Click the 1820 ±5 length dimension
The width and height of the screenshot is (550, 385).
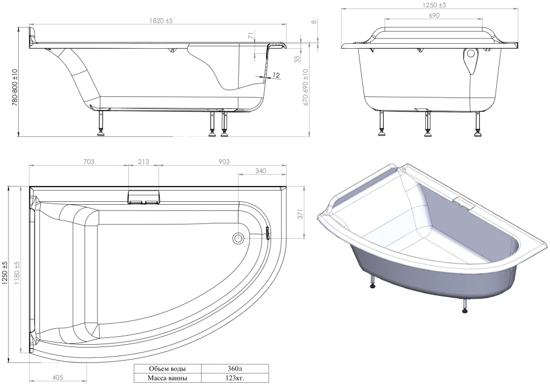pyautogui.click(x=161, y=20)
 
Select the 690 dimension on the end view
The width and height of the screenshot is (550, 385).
pyautogui.click(x=434, y=15)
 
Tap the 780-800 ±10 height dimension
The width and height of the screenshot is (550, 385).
pyautogui.click(x=14, y=88)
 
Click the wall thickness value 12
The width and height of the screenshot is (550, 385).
pyautogui.click(x=276, y=75)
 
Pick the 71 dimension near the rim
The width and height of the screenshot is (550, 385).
pyautogui.click(x=251, y=35)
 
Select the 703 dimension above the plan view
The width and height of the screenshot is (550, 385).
pyautogui.click(x=89, y=162)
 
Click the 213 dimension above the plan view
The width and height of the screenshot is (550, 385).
pyautogui.click(x=143, y=162)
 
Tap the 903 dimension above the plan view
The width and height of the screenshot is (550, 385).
pyautogui.click(x=224, y=162)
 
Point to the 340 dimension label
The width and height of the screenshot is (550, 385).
pyautogui.click(x=260, y=171)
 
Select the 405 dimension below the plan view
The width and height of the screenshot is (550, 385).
pyautogui.click(x=57, y=377)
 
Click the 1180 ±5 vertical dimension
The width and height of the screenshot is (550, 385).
pyautogui.click(x=17, y=273)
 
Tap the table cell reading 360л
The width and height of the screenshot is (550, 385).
pyautogui.click(x=235, y=369)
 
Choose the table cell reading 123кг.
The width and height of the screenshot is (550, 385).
pyautogui.click(x=235, y=378)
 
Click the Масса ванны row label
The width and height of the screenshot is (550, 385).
pyautogui.click(x=167, y=378)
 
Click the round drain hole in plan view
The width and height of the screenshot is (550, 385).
pyautogui.click(x=238, y=238)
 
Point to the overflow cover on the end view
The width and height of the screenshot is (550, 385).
pyautogui.click(x=471, y=60)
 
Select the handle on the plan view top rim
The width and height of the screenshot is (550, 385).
pyautogui.click(x=143, y=197)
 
